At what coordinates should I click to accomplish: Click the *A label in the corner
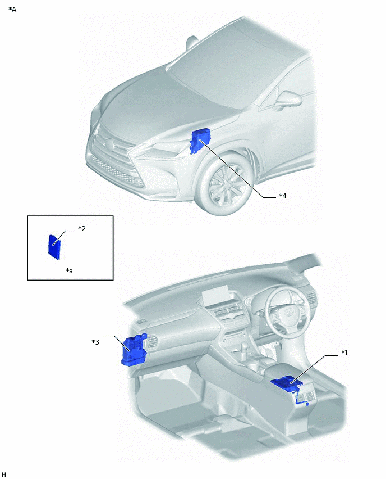click(x=12, y=10)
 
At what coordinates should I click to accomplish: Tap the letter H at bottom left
click(x=4, y=475)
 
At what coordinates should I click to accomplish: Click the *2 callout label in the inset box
click(x=81, y=229)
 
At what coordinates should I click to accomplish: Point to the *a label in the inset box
click(x=70, y=271)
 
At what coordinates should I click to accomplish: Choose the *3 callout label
click(x=95, y=341)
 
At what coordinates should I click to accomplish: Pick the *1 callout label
click(x=344, y=353)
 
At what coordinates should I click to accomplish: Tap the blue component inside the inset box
click(x=53, y=248)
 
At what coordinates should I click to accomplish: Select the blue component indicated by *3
click(x=134, y=351)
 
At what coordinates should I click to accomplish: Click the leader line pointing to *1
click(x=317, y=368)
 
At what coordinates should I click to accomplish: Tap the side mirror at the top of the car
click(x=193, y=42)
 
